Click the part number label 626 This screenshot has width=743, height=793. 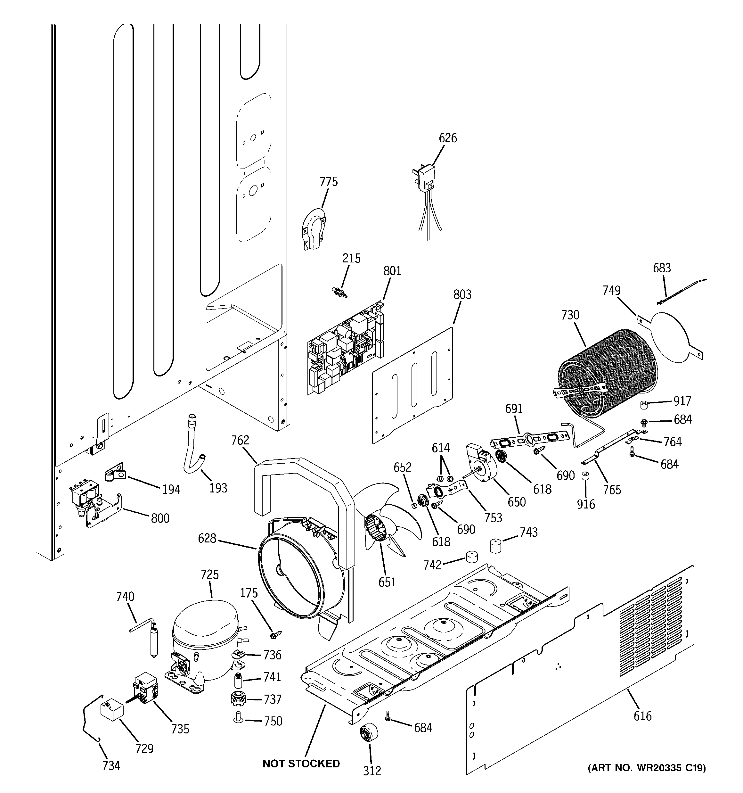(x=447, y=138)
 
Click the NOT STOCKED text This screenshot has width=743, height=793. (x=301, y=764)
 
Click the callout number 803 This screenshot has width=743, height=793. (x=462, y=294)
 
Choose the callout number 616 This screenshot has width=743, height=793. (x=642, y=715)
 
